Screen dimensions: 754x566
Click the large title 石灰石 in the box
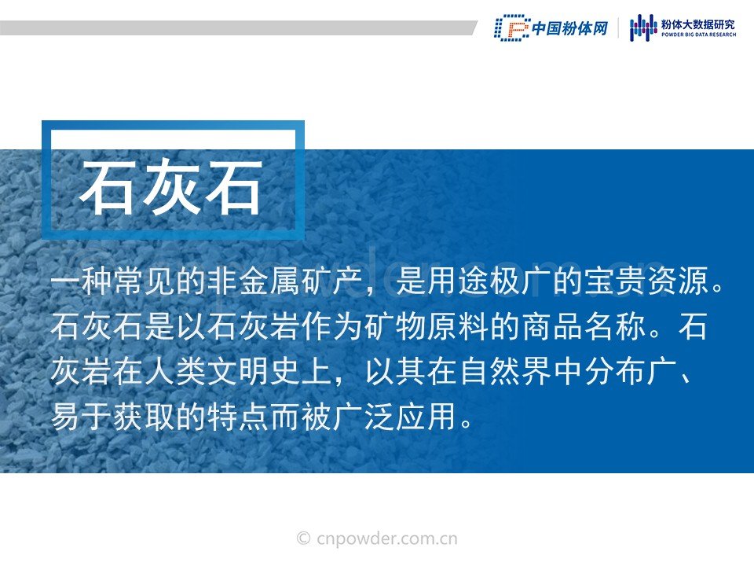171,187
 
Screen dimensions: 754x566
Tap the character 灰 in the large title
171,187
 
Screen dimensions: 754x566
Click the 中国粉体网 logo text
570,28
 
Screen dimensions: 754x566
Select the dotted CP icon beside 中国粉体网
512,28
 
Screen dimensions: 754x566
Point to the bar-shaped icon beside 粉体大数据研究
643,28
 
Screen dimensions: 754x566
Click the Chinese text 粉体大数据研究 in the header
698,24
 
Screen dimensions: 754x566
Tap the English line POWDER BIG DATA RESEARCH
698,35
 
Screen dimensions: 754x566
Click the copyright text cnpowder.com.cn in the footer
387,538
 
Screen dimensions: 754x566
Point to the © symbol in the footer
303,538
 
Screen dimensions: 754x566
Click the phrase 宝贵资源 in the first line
646,281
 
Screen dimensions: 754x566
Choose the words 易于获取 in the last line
112,417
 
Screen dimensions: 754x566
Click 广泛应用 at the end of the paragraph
395,417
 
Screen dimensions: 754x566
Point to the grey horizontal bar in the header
239,28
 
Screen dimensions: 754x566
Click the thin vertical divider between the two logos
618,28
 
